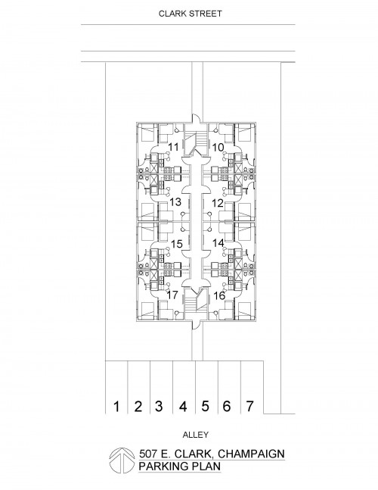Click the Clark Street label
pos(191,14)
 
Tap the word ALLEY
pos(196,435)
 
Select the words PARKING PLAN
pos(180,467)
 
